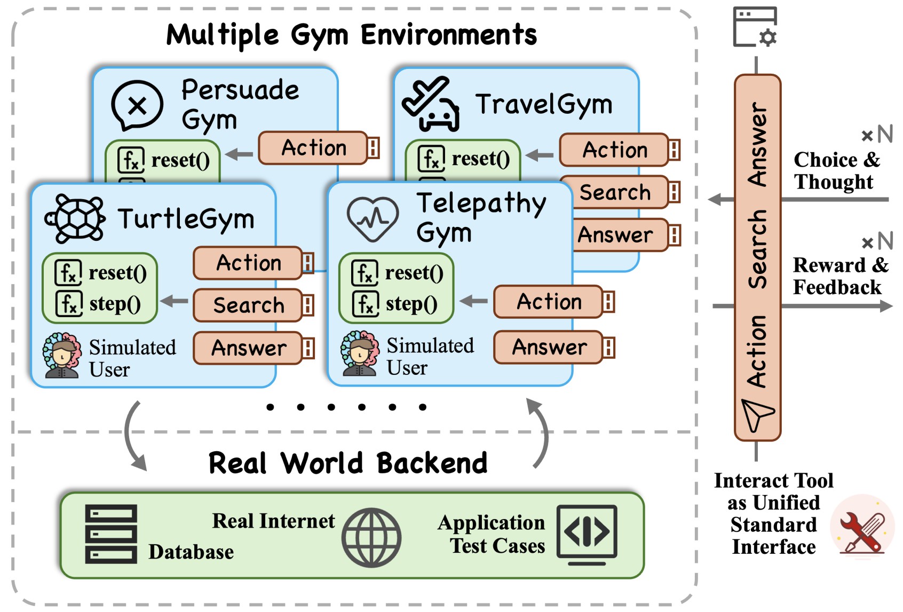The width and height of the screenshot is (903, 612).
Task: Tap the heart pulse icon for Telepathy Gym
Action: [x=373, y=218]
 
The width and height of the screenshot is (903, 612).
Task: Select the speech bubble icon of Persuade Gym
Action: [x=137, y=106]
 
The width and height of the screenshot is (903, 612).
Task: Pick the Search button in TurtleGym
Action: [x=249, y=305]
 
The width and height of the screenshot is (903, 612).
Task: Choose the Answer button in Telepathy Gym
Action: [x=550, y=347]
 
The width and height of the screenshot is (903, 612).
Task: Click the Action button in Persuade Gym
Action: [x=314, y=148]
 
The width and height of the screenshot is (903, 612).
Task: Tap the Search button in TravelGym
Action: [x=615, y=192]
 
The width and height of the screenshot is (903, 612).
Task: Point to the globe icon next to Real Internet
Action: [x=371, y=537]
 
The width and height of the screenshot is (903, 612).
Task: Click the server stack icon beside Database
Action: [x=111, y=534]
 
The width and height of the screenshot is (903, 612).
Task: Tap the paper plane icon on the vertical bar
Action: [x=757, y=414]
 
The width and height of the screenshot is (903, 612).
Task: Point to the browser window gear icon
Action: [x=755, y=27]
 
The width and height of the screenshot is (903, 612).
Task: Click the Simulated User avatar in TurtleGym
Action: [x=62, y=356]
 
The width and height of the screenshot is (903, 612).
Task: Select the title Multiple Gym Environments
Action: [x=351, y=35]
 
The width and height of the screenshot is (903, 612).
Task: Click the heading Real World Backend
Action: [x=348, y=463]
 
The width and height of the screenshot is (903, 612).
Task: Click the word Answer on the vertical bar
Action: [x=757, y=144]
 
